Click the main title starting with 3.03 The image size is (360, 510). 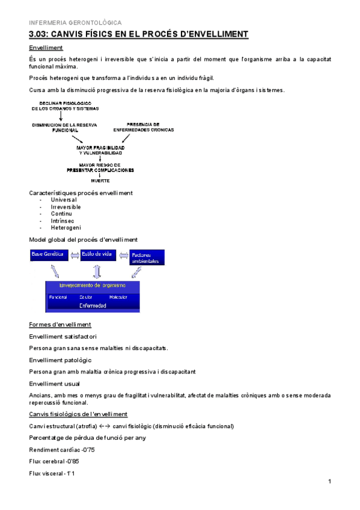pos(138,34)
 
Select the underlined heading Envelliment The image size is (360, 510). pos(46,48)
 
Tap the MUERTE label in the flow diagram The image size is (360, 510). pos(100,180)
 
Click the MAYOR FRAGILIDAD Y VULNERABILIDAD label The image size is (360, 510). pos(100,150)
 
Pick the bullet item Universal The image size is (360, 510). pos(64,200)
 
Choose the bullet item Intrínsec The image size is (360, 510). pos(63,221)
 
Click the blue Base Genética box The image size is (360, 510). pos(47,255)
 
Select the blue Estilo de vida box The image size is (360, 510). pos(97,255)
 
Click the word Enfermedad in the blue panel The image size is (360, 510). pos(93,306)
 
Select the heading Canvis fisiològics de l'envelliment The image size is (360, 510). pos(78,414)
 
